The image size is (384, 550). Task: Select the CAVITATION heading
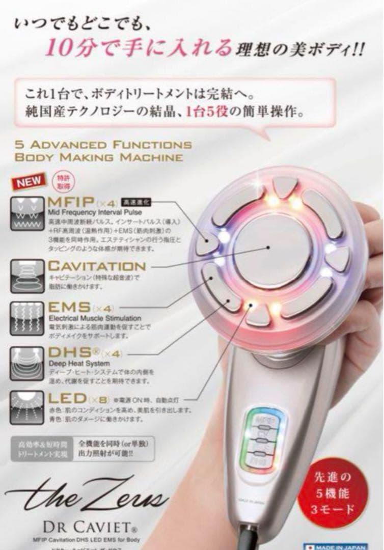coord(97,265)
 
